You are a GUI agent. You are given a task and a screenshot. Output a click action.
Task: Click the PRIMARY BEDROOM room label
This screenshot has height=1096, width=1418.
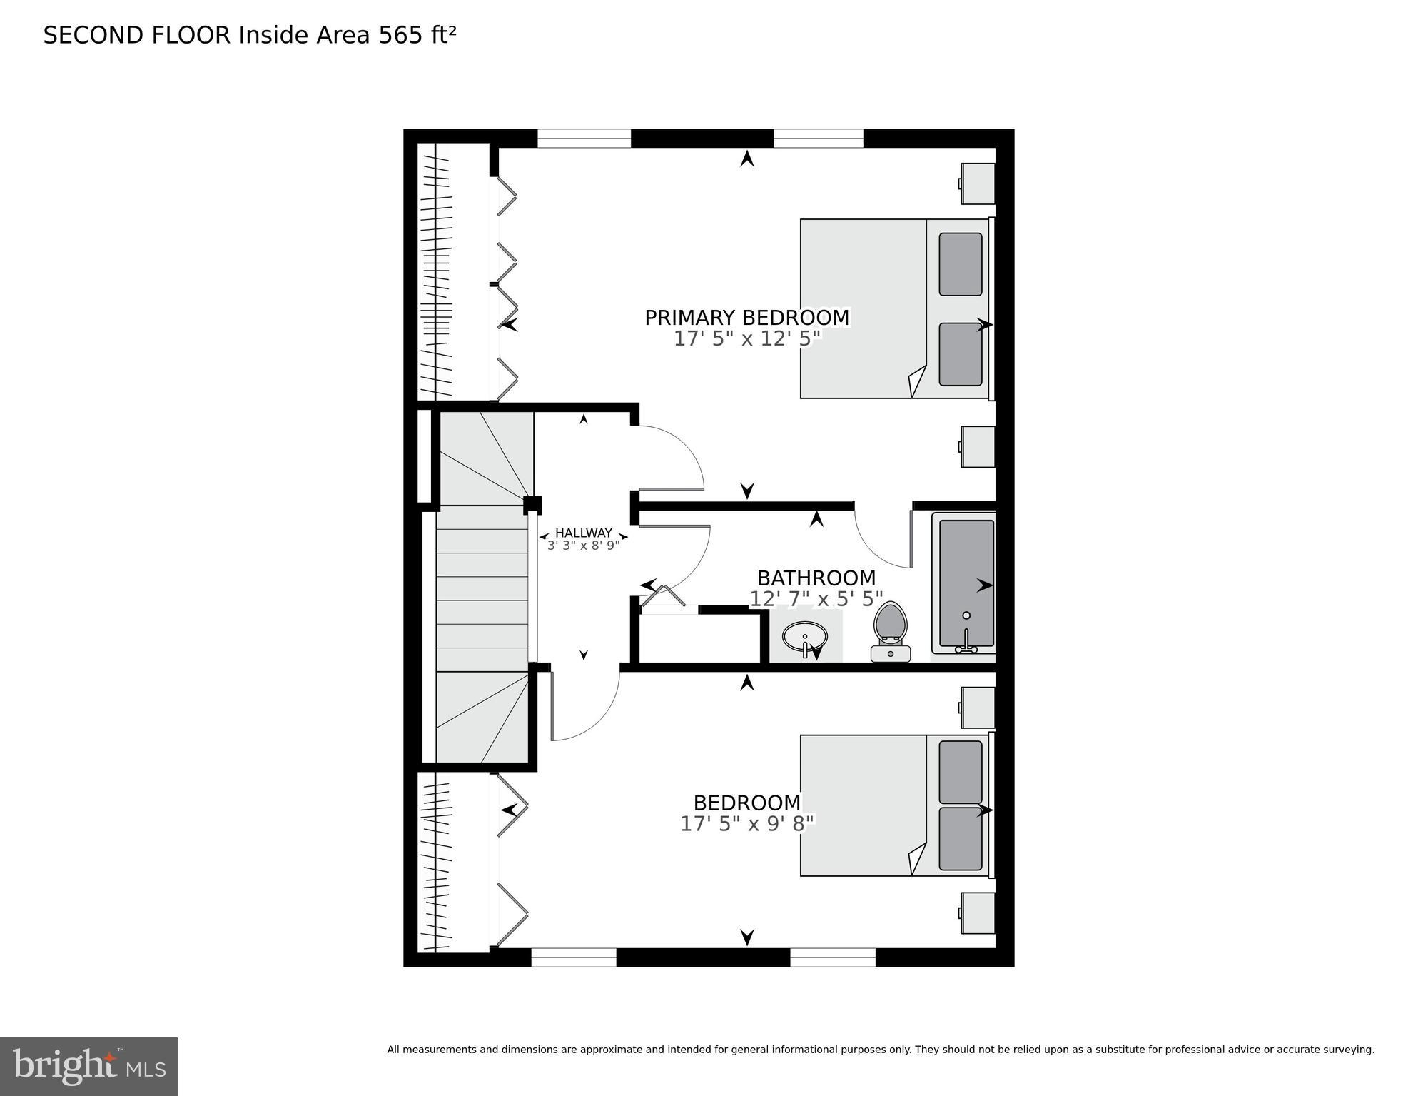pyautogui.click(x=746, y=318)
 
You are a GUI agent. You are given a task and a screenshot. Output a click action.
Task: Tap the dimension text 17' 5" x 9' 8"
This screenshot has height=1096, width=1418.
pyautogui.click(x=746, y=824)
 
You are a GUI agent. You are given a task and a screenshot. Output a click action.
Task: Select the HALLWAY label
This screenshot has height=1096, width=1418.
pyautogui.click(x=583, y=533)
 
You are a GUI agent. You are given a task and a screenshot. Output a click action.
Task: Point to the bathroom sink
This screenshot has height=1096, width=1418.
pyautogui.click(x=804, y=635)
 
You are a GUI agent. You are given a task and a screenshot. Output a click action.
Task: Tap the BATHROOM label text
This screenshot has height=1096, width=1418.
pyautogui.click(x=816, y=578)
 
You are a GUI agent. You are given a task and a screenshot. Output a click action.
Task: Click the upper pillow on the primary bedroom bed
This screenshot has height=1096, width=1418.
pyautogui.click(x=960, y=264)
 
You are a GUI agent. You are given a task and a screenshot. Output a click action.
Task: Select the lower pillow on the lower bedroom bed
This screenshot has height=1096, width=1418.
pyautogui.click(x=960, y=839)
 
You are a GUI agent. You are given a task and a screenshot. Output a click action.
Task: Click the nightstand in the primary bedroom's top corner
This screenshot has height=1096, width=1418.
pyautogui.click(x=977, y=183)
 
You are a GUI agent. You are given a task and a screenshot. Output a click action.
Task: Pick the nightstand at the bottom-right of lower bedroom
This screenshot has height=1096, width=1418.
pyautogui.click(x=977, y=913)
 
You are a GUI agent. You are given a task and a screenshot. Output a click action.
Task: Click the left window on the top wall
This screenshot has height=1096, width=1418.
pyautogui.click(x=583, y=138)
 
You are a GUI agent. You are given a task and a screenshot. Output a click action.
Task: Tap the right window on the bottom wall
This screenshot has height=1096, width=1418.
pyautogui.click(x=832, y=957)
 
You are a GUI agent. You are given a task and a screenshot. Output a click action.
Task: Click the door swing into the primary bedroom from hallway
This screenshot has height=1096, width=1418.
pyautogui.click(x=671, y=457)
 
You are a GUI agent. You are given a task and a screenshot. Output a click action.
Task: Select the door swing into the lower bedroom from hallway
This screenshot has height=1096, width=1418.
pyautogui.click(x=585, y=707)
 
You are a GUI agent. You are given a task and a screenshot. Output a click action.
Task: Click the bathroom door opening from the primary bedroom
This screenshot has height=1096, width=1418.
pyautogui.click(x=883, y=536)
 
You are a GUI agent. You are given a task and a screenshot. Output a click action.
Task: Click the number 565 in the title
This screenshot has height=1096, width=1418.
pyautogui.click(x=399, y=35)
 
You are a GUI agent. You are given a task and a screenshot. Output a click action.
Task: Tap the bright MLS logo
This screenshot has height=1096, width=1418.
pyautogui.click(x=88, y=1066)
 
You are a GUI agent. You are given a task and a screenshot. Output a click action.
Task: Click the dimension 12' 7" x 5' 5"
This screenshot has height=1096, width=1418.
pyautogui.click(x=816, y=599)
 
